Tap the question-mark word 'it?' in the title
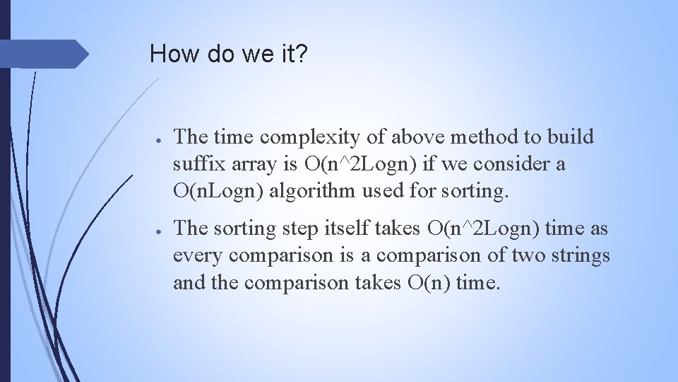(292, 54)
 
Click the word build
(572, 137)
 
